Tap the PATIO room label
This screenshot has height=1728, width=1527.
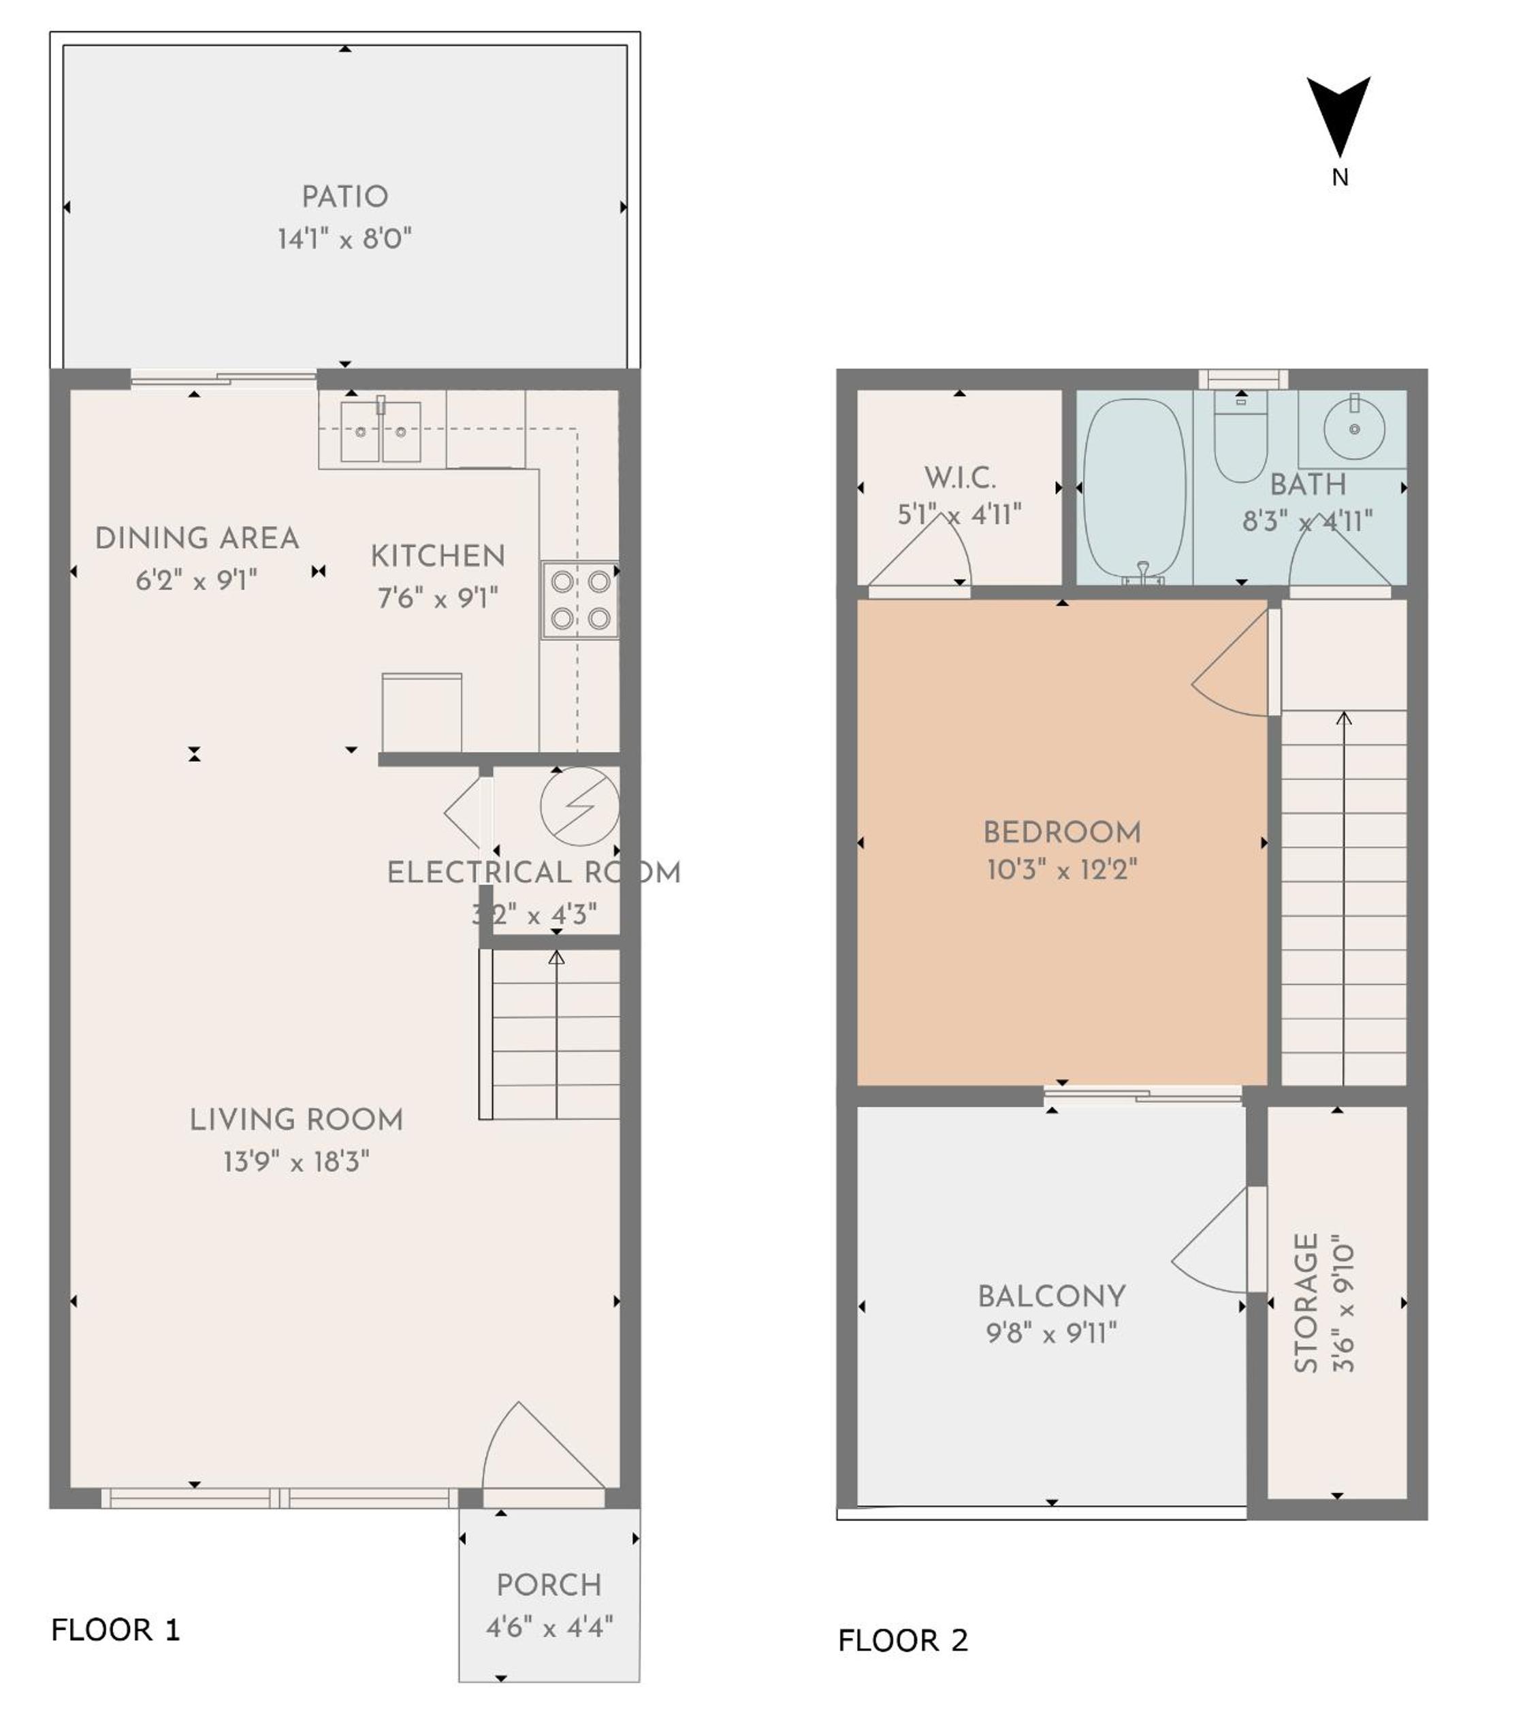(x=345, y=197)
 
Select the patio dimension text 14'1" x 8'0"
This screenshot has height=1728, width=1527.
(x=345, y=240)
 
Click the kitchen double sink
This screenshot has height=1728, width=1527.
(x=381, y=431)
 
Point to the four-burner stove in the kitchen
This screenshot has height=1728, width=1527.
(x=580, y=600)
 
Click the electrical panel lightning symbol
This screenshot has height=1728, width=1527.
(x=580, y=806)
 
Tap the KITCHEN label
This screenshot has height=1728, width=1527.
(x=438, y=556)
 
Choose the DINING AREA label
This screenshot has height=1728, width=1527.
(x=197, y=538)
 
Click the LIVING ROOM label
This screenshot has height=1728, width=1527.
(x=296, y=1120)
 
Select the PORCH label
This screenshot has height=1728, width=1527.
(x=549, y=1585)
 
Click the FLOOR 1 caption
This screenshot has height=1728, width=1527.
(x=116, y=1630)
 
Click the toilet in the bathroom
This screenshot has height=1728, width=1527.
(x=1240, y=438)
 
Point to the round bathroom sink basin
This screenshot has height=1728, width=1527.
(x=1353, y=429)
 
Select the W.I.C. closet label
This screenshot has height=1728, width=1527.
(x=960, y=478)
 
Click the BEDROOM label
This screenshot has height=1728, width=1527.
(x=1062, y=833)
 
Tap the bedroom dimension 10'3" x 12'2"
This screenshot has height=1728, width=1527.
(x=1062, y=870)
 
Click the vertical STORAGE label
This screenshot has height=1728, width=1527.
(x=1306, y=1303)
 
